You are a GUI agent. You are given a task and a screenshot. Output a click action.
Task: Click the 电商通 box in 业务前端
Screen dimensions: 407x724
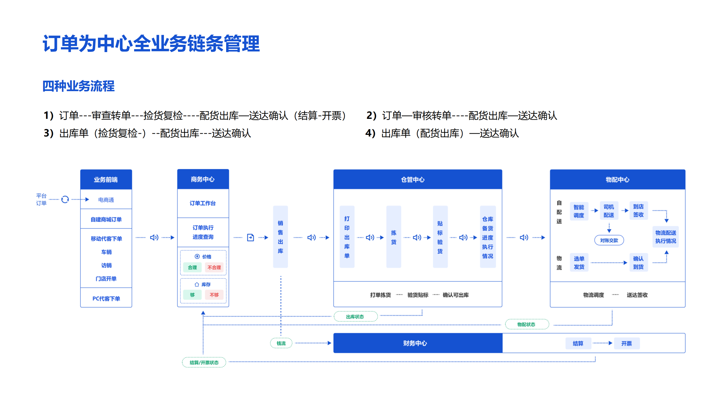(106, 199)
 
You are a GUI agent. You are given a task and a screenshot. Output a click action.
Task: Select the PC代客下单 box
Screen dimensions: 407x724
(106, 298)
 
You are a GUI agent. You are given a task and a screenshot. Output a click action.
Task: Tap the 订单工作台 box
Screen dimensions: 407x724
(203, 203)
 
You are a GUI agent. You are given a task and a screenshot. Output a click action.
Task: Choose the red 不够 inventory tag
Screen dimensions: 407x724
(214, 295)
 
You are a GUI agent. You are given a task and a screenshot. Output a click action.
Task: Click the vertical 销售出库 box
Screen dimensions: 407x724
(280, 237)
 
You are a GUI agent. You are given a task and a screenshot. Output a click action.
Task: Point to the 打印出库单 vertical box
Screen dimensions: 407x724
(347, 237)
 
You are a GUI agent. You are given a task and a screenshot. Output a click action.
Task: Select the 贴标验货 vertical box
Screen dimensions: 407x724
(440, 237)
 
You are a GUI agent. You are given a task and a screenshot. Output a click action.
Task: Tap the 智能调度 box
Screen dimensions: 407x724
(579, 211)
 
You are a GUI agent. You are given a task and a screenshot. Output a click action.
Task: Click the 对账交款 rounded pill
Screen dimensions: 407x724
(609, 240)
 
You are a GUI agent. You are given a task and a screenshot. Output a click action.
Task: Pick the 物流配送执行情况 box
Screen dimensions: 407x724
(665, 237)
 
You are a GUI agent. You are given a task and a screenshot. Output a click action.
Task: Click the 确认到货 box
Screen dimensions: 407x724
(638, 262)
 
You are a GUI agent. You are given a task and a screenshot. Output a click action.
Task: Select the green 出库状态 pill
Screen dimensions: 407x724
(355, 317)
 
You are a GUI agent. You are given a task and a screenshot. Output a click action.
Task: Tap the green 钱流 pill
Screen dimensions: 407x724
(281, 343)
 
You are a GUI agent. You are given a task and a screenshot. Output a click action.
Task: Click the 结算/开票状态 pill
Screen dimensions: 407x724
(204, 362)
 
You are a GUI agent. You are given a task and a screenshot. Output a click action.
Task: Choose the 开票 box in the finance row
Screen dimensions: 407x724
(627, 343)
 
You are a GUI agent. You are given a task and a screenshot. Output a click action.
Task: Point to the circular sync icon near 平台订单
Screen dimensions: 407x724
(65, 199)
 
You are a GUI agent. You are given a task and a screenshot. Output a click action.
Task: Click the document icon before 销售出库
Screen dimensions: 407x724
(250, 237)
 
